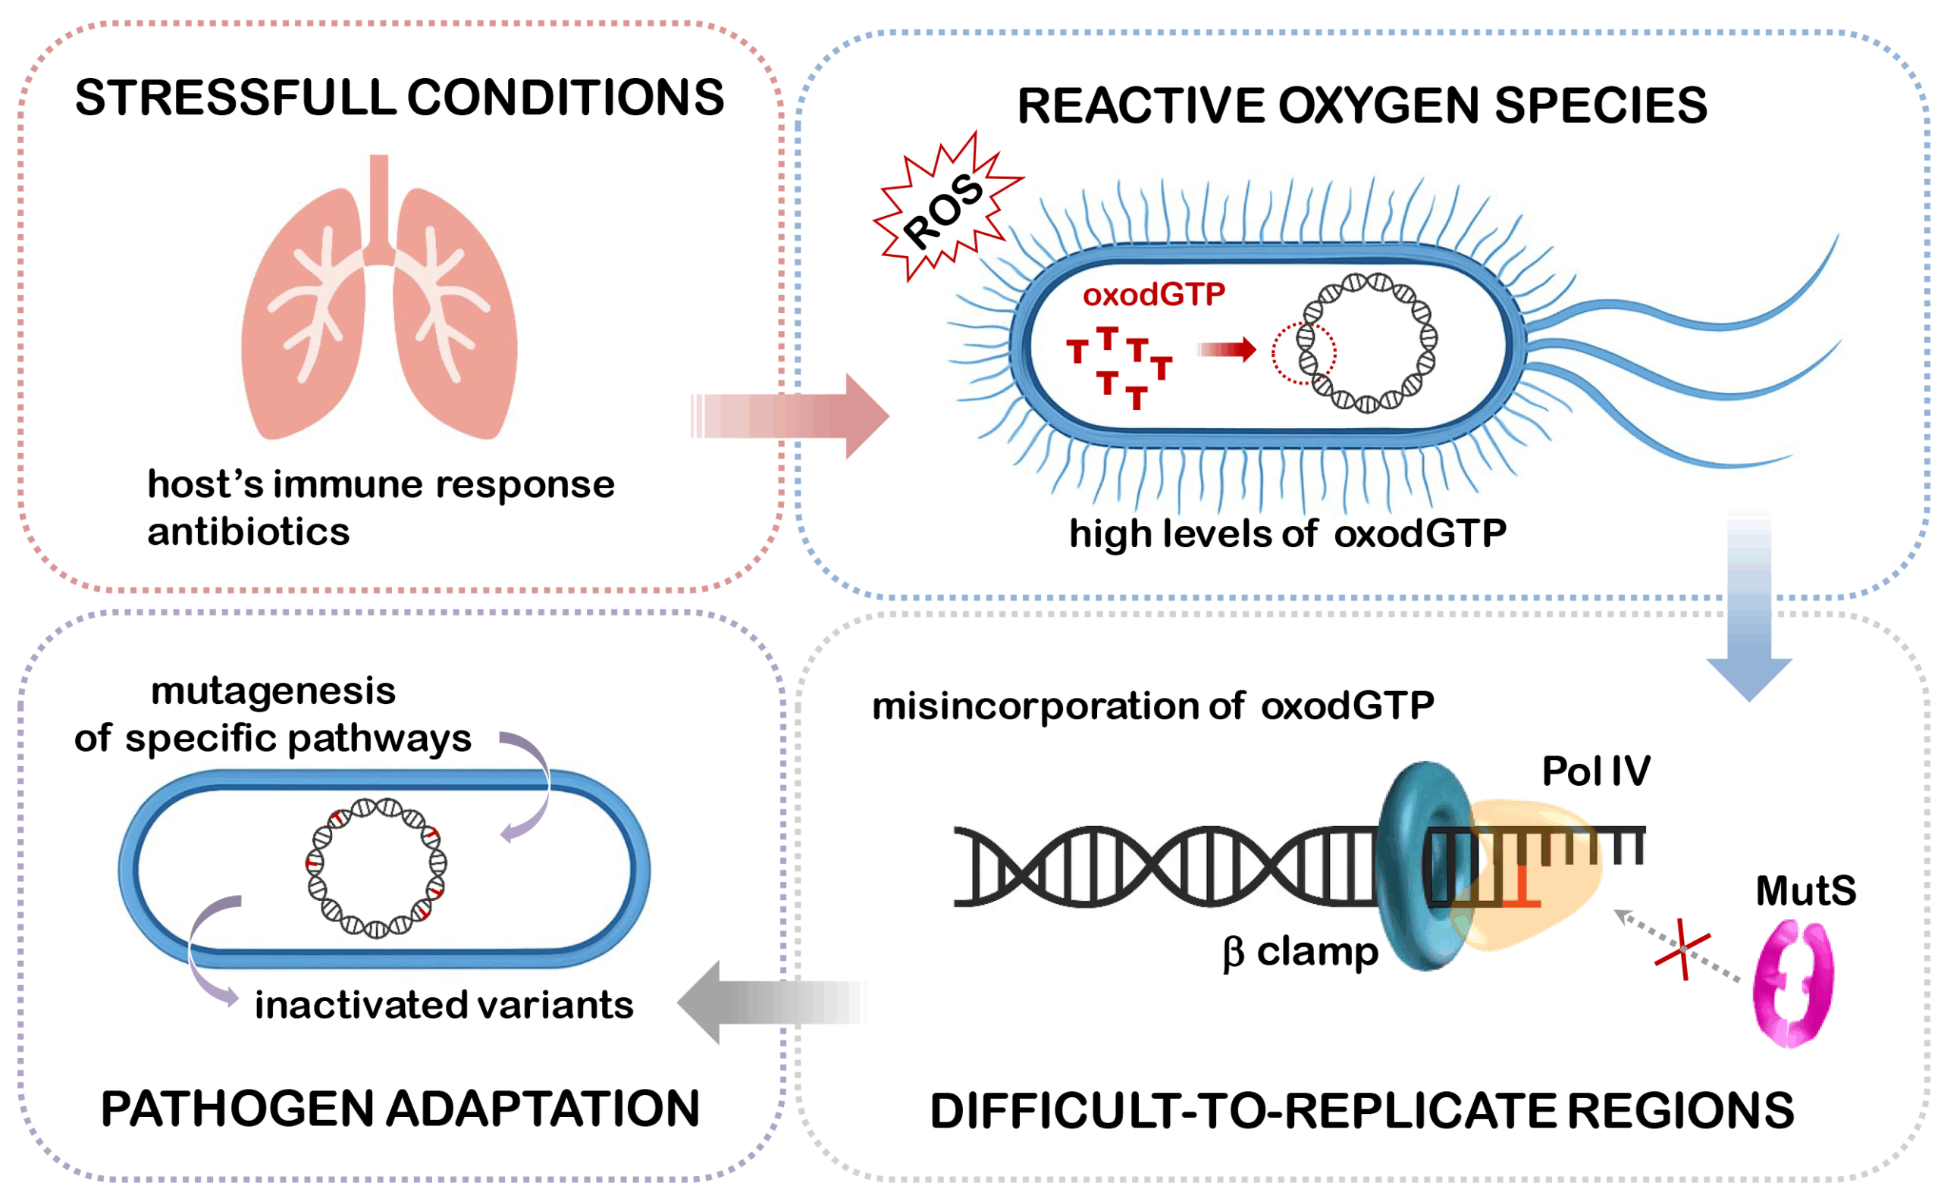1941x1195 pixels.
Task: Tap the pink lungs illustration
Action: tap(380, 316)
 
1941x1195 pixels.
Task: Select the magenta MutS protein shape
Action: tap(1792, 984)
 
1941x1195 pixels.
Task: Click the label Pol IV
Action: tap(1595, 771)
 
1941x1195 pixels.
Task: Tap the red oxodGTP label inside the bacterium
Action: tap(1153, 295)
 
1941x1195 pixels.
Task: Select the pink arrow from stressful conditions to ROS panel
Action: tap(791, 416)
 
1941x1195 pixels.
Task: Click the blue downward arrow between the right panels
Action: tap(1749, 608)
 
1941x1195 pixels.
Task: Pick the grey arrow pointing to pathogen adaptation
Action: tap(771, 1003)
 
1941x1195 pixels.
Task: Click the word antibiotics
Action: tap(248, 532)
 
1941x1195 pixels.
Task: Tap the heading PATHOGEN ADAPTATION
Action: tap(400, 1108)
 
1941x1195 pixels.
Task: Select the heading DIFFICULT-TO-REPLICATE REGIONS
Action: tap(1362, 1110)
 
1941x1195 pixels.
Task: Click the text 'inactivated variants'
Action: tap(444, 1006)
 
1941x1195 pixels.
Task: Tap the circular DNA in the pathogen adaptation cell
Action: tap(376, 867)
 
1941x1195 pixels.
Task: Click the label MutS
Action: tap(1806, 890)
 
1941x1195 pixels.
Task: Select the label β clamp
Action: tap(1300, 952)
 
